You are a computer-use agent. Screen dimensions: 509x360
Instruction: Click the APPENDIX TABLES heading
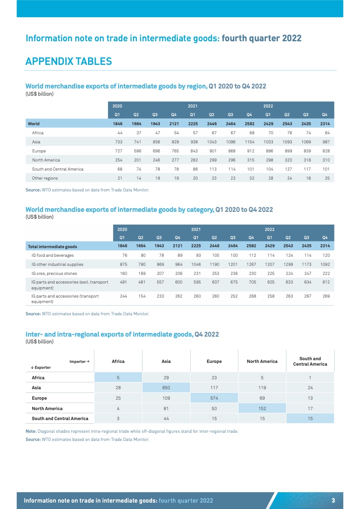coord(69,61)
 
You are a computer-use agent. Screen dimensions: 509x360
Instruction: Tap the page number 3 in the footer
coord(333,500)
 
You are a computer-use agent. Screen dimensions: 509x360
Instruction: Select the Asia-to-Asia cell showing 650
coord(166,387)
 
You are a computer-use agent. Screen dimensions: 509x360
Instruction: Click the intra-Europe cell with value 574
coord(214,397)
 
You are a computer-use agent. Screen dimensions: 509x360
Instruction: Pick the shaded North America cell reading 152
coord(262,408)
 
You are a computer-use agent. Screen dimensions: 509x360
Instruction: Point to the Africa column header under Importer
coord(118,361)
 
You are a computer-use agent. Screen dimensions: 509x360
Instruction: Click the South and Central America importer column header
coord(310,361)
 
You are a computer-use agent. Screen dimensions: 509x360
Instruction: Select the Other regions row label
coord(45,178)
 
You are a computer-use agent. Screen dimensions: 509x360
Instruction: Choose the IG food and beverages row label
coord(55,255)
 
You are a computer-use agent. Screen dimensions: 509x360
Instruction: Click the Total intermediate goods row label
coord(53,247)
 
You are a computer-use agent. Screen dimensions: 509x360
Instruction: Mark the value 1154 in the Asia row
coord(249,142)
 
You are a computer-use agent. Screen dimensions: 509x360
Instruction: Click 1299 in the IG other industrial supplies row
coord(287,264)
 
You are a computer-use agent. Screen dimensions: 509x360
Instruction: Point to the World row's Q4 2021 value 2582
coord(249,123)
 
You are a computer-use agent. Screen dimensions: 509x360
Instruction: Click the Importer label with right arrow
coord(79,361)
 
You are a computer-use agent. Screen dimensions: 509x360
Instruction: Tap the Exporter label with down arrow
coord(39,367)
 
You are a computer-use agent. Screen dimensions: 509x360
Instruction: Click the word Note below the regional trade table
coord(31,431)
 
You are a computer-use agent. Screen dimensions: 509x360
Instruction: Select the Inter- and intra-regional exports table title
coord(122,334)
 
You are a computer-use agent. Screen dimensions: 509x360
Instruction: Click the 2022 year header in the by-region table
coord(268,106)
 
